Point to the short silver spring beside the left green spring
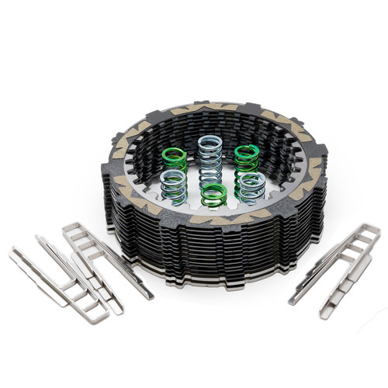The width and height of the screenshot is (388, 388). [173, 187]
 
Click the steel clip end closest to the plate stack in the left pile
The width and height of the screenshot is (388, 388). [144, 293]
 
